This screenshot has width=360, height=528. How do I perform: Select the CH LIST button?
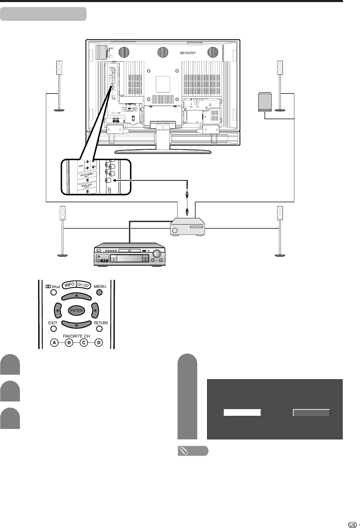83,286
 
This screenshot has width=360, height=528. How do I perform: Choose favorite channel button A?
54,343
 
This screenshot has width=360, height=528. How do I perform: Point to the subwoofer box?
265,101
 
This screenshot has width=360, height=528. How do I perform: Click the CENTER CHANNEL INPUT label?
87,176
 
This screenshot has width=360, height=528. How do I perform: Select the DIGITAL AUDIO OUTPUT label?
87,186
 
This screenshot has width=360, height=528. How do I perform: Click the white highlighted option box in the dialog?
242,413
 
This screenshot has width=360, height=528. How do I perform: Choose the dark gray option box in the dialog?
311,413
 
